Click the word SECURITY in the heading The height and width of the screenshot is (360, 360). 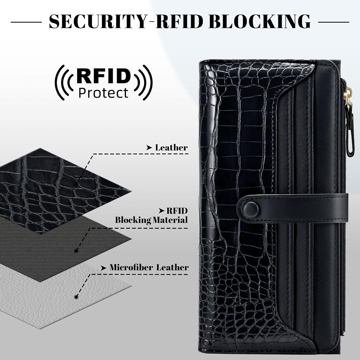point(98,21)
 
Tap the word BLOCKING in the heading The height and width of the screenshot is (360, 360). point(260,21)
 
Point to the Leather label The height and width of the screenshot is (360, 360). point(171,148)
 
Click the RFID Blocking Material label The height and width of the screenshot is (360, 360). point(152,215)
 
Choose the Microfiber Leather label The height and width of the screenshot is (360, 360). point(149,267)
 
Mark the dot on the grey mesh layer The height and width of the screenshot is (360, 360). point(76,251)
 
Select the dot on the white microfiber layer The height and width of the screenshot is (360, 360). point(76,297)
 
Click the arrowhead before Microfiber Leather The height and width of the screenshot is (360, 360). point(104,268)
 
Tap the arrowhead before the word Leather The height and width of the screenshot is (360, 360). point(149,148)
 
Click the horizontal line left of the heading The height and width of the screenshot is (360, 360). point(26,22)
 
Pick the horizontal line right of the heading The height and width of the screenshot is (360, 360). point(334,22)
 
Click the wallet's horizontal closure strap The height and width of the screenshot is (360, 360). point(293,208)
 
